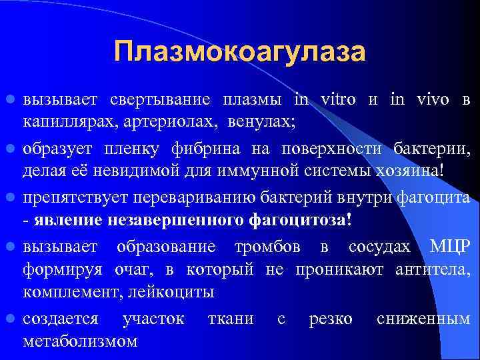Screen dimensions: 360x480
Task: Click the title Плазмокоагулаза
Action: click(x=240, y=52)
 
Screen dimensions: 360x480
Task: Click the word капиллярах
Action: click(x=65, y=123)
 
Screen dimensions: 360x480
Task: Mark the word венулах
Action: click(x=262, y=123)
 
